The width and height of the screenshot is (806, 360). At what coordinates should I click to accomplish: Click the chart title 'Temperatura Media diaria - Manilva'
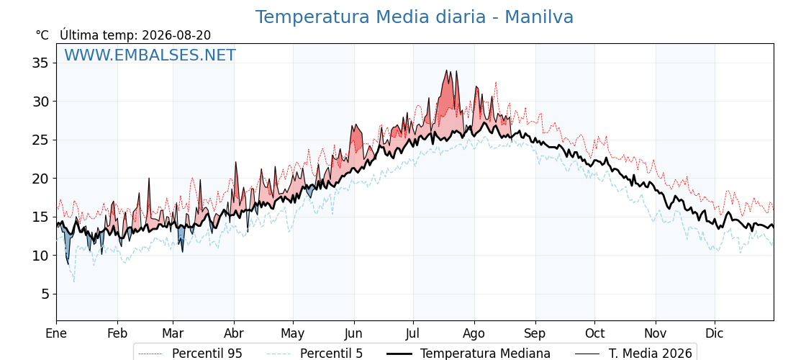click(x=415, y=17)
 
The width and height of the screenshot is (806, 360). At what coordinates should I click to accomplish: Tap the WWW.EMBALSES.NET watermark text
click(x=150, y=55)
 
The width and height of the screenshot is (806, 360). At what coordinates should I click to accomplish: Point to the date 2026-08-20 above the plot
click(x=176, y=35)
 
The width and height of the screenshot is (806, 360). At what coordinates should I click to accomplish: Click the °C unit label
click(x=42, y=35)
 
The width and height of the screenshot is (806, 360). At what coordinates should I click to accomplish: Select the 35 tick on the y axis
click(x=40, y=63)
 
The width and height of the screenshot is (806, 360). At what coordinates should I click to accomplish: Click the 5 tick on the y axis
click(x=44, y=294)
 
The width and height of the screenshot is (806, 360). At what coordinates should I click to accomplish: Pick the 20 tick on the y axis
click(x=40, y=179)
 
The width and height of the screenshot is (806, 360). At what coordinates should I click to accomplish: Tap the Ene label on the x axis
click(x=56, y=333)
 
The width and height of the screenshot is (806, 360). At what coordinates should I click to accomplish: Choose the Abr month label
click(x=234, y=333)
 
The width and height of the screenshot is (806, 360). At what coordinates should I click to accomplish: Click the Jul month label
click(x=413, y=333)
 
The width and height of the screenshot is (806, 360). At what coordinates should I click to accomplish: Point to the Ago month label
click(x=474, y=333)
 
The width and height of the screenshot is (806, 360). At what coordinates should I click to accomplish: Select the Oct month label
click(x=594, y=333)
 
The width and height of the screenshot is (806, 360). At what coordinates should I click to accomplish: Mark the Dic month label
click(x=715, y=333)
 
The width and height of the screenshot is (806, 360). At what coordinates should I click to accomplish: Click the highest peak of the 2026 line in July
click(x=446, y=70)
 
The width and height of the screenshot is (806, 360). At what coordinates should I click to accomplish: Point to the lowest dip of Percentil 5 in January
click(x=74, y=282)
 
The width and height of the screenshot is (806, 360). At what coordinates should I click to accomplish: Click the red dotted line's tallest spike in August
click(x=496, y=82)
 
